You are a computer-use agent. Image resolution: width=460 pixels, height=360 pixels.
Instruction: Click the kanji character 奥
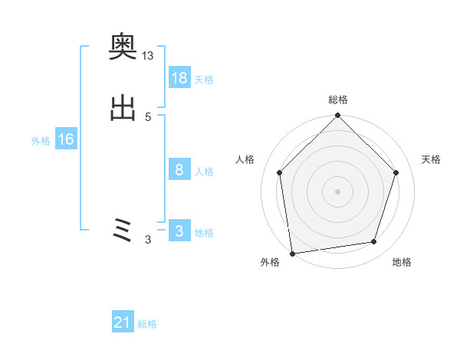tap(123, 50)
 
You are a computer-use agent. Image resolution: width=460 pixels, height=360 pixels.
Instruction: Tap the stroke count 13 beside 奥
tap(148, 56)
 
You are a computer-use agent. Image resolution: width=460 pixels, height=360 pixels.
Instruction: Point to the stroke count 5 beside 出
tap(148, 116)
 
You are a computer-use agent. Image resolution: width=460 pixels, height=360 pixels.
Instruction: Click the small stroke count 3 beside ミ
tap(148, 240)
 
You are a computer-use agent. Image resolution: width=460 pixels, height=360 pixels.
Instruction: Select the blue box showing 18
tap(179, 78)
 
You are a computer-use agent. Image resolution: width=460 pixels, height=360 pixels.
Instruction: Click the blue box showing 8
tap(179, 170)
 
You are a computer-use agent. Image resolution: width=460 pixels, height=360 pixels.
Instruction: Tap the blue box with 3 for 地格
tap(179, 231)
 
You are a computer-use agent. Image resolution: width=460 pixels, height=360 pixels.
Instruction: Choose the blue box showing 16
tap(66, 139)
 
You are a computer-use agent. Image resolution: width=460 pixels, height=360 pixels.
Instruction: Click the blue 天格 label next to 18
tap(204, 80)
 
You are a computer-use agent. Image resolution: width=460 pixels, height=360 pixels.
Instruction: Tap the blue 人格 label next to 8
tap(204, 172)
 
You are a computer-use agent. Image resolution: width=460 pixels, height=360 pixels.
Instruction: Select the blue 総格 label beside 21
tap(147, 325)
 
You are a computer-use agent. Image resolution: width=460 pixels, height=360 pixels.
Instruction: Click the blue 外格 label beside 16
tap(41, 141)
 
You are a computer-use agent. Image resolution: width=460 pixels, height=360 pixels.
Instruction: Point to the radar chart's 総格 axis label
tap(337, 100)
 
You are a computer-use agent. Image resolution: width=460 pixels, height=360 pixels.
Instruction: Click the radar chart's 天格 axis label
tap(431, 159)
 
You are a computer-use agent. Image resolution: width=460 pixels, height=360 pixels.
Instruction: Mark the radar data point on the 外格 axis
tap(292, 253)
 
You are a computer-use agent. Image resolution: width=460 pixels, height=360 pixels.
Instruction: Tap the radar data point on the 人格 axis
tap(279, 172)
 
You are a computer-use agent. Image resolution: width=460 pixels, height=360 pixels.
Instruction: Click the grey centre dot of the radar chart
tap(337, 191)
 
